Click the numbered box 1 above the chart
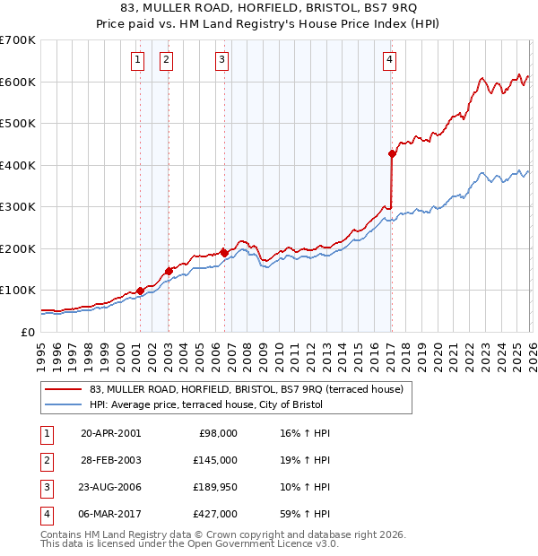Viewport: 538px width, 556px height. click(138, 60)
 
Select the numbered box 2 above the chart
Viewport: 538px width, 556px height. click(167, 60)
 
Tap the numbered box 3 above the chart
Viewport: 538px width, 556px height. click(221, 60)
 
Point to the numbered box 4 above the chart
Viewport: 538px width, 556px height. click(390, 60)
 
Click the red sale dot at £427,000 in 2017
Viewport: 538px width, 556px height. click(392, 153)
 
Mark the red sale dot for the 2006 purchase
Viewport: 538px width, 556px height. click(224, 253)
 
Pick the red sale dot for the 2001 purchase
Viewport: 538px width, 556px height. click(140, 291)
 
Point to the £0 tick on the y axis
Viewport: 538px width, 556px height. click(27, 332)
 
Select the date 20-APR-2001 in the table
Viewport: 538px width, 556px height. click(111, 432)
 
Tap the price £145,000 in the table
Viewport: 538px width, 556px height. click(215, 459)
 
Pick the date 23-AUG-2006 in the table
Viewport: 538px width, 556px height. click(111, 487)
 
